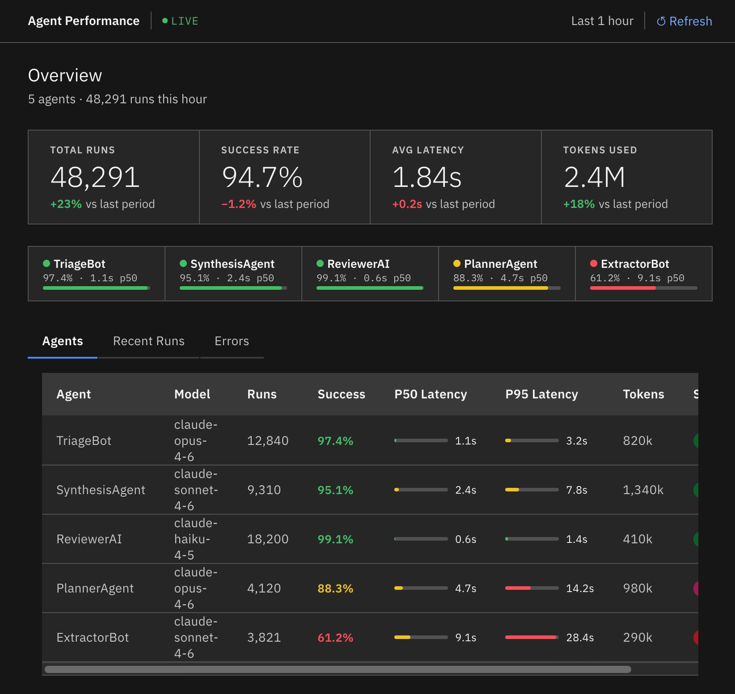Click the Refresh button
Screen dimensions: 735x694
point(684,21)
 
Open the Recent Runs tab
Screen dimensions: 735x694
point(149,341)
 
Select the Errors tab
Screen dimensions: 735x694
point(232,341)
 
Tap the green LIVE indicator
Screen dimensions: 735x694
point(180,21)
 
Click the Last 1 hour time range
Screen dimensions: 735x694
point(602,21)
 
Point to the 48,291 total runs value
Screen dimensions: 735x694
point(95,177)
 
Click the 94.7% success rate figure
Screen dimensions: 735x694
point(262,177)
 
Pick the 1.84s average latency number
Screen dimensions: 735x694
point(427,177)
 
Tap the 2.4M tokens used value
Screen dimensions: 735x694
point(595,177)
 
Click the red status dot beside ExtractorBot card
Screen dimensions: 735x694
point(594,263)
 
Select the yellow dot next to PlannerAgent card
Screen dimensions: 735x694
point(457,263)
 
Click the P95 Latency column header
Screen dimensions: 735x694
point(541,394)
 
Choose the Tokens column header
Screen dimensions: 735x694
point(643,394)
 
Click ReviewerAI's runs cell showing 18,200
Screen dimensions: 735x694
point(268,539)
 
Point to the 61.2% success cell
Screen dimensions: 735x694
point(335,638)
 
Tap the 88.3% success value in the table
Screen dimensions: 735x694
point(335,588)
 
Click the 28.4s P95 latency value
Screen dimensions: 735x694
point(580,638)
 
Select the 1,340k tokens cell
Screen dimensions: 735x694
point(643,490)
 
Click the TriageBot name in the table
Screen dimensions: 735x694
point(84,441)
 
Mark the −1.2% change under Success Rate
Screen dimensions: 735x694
point(239,204)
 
